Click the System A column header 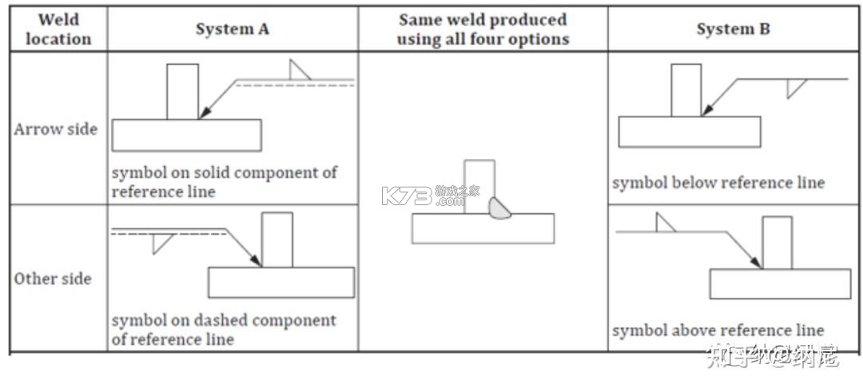click(x=233, y=29)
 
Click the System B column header click(x=733, y=29)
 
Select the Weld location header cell click(x=58, y=29)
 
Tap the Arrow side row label click(x=56, y=129)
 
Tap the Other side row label click(x=53, y=278)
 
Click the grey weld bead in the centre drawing click(x=499, y=208)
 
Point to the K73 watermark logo click(x=431, y=195)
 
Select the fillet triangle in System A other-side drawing click(x=161, y=241)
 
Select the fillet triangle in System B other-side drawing click(x=663, y=224)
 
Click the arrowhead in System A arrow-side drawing click(x=205, y=113)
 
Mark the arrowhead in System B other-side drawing click(x=756, y=262)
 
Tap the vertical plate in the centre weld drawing click(x=479, y=186)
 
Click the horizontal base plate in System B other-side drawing click(x=780, y=283)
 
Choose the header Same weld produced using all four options click(x=483, y=29)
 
